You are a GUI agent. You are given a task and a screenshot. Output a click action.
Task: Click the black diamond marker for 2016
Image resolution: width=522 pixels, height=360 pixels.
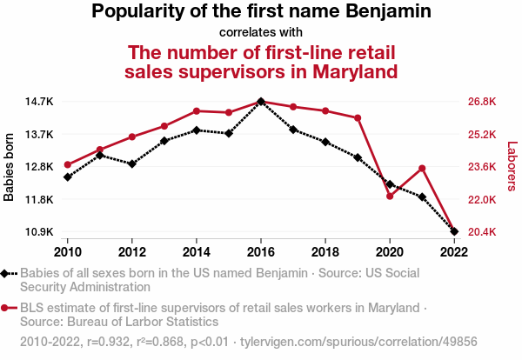(261, 102)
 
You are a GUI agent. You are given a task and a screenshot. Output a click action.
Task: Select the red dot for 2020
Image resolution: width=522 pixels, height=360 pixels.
(390, 196)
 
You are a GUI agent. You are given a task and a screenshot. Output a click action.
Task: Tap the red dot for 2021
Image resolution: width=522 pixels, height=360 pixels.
(422, 168)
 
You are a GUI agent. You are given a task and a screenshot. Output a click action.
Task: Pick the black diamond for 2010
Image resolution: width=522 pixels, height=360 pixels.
(67, 177)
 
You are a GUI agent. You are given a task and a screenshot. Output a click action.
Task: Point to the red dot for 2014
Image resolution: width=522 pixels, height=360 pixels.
(197, 111)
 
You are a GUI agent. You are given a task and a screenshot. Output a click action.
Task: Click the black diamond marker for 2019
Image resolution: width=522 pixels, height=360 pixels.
(358, 157)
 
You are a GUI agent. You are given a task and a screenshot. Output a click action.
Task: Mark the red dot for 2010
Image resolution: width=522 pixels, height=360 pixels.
(67, 164)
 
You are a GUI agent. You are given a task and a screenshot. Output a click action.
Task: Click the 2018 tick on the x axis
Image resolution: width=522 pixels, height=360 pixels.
(325, 251)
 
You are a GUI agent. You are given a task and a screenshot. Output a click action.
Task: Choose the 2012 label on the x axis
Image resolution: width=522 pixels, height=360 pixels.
(131, 251)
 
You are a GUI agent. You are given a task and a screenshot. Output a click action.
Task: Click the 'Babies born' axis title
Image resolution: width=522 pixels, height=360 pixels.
(10, 167)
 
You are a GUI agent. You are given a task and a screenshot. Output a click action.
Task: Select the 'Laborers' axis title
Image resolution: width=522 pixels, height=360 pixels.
(512, 167)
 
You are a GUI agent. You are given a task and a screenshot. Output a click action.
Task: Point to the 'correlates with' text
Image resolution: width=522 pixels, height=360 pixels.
(261, 32)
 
